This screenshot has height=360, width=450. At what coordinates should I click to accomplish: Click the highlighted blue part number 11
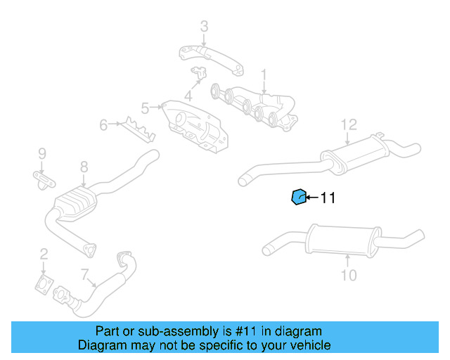click(299, 198)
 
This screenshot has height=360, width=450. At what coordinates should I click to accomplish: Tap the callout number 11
click(328, 198)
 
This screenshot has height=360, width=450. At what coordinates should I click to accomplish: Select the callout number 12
click(349, 125)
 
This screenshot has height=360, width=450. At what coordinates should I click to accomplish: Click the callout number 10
click(349, 275)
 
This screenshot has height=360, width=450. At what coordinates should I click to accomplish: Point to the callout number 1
click(264, 74)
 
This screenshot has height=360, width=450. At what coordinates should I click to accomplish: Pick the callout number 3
click(204, 27)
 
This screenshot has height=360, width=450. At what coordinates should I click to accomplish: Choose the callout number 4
click(188, 96)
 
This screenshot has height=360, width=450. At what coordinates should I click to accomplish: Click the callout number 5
click(145, 108)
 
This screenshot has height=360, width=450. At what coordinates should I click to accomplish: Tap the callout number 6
click(103, 125)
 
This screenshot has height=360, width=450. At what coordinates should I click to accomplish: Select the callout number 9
click(41, 153)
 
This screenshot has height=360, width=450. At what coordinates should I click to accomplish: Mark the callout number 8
click(84, 167)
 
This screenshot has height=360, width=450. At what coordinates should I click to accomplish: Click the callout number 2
click(44, 254)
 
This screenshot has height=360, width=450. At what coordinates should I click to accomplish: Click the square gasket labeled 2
click(44, 285)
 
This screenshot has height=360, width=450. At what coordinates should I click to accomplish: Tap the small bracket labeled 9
click(44, 180)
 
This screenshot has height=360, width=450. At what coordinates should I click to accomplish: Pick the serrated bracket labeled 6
click(136, 129)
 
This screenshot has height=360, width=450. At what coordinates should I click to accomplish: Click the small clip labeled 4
click(199, 72)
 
